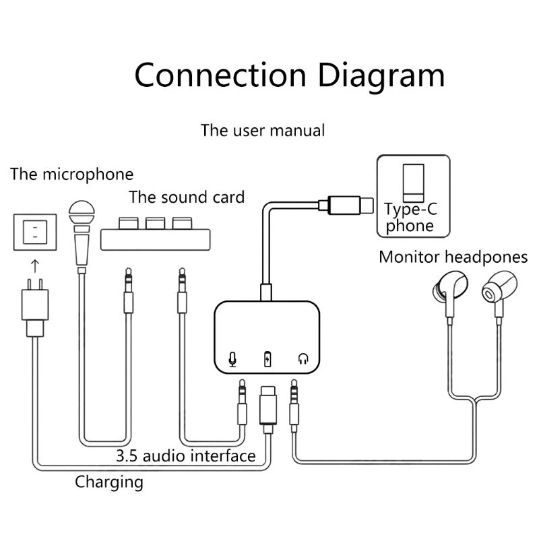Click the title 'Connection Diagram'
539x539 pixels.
[289, 75]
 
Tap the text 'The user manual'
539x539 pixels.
[263, 129]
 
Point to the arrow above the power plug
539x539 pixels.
[31, 261]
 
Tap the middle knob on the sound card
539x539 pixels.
[155, 223]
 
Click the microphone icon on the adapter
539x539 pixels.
[232, 359]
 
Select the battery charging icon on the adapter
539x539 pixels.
[268, 359]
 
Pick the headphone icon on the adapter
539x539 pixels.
[303, 359]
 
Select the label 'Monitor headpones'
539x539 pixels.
[453, 257]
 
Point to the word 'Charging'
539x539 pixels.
[109, 481]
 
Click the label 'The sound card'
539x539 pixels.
[187, 197]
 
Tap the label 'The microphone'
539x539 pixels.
[71, 175]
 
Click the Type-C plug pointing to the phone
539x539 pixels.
[350, 203]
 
